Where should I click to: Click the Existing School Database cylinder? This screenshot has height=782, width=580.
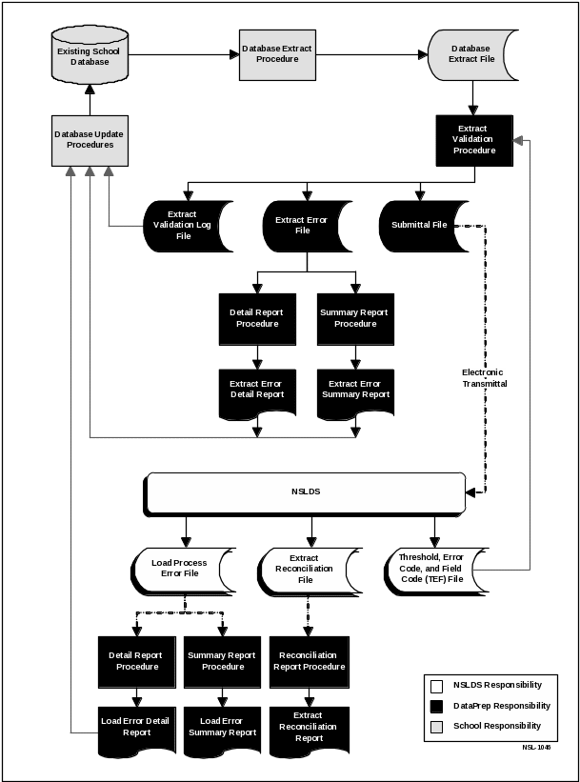(x=89, y=55)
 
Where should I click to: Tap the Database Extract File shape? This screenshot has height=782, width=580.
(x=470, y=54)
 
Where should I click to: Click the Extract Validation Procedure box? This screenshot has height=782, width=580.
(x=473, y=139)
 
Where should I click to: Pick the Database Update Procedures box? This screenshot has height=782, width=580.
(x=90, y=139)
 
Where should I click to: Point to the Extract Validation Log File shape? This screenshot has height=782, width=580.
(x=185, y=225)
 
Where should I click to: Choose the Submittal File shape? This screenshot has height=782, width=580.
(x=425, y=225)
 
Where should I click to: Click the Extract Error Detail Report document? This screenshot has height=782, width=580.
(x=256, y=391)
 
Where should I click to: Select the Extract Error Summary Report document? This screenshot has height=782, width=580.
(x=355, y=391)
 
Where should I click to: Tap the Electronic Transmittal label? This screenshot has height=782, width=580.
(x=484, y=377)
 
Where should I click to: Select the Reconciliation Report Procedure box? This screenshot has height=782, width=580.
(x=309, y=661)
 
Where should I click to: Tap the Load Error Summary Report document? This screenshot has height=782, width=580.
(x=222, y=729)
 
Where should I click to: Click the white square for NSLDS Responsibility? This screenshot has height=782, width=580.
(x=436, y=686)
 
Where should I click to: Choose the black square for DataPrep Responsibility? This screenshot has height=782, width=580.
(x=436, y=706)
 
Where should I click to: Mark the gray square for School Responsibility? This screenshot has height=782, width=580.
(x=436, y=726)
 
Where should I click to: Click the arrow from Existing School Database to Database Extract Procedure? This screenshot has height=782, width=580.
(x=180, y=54)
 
